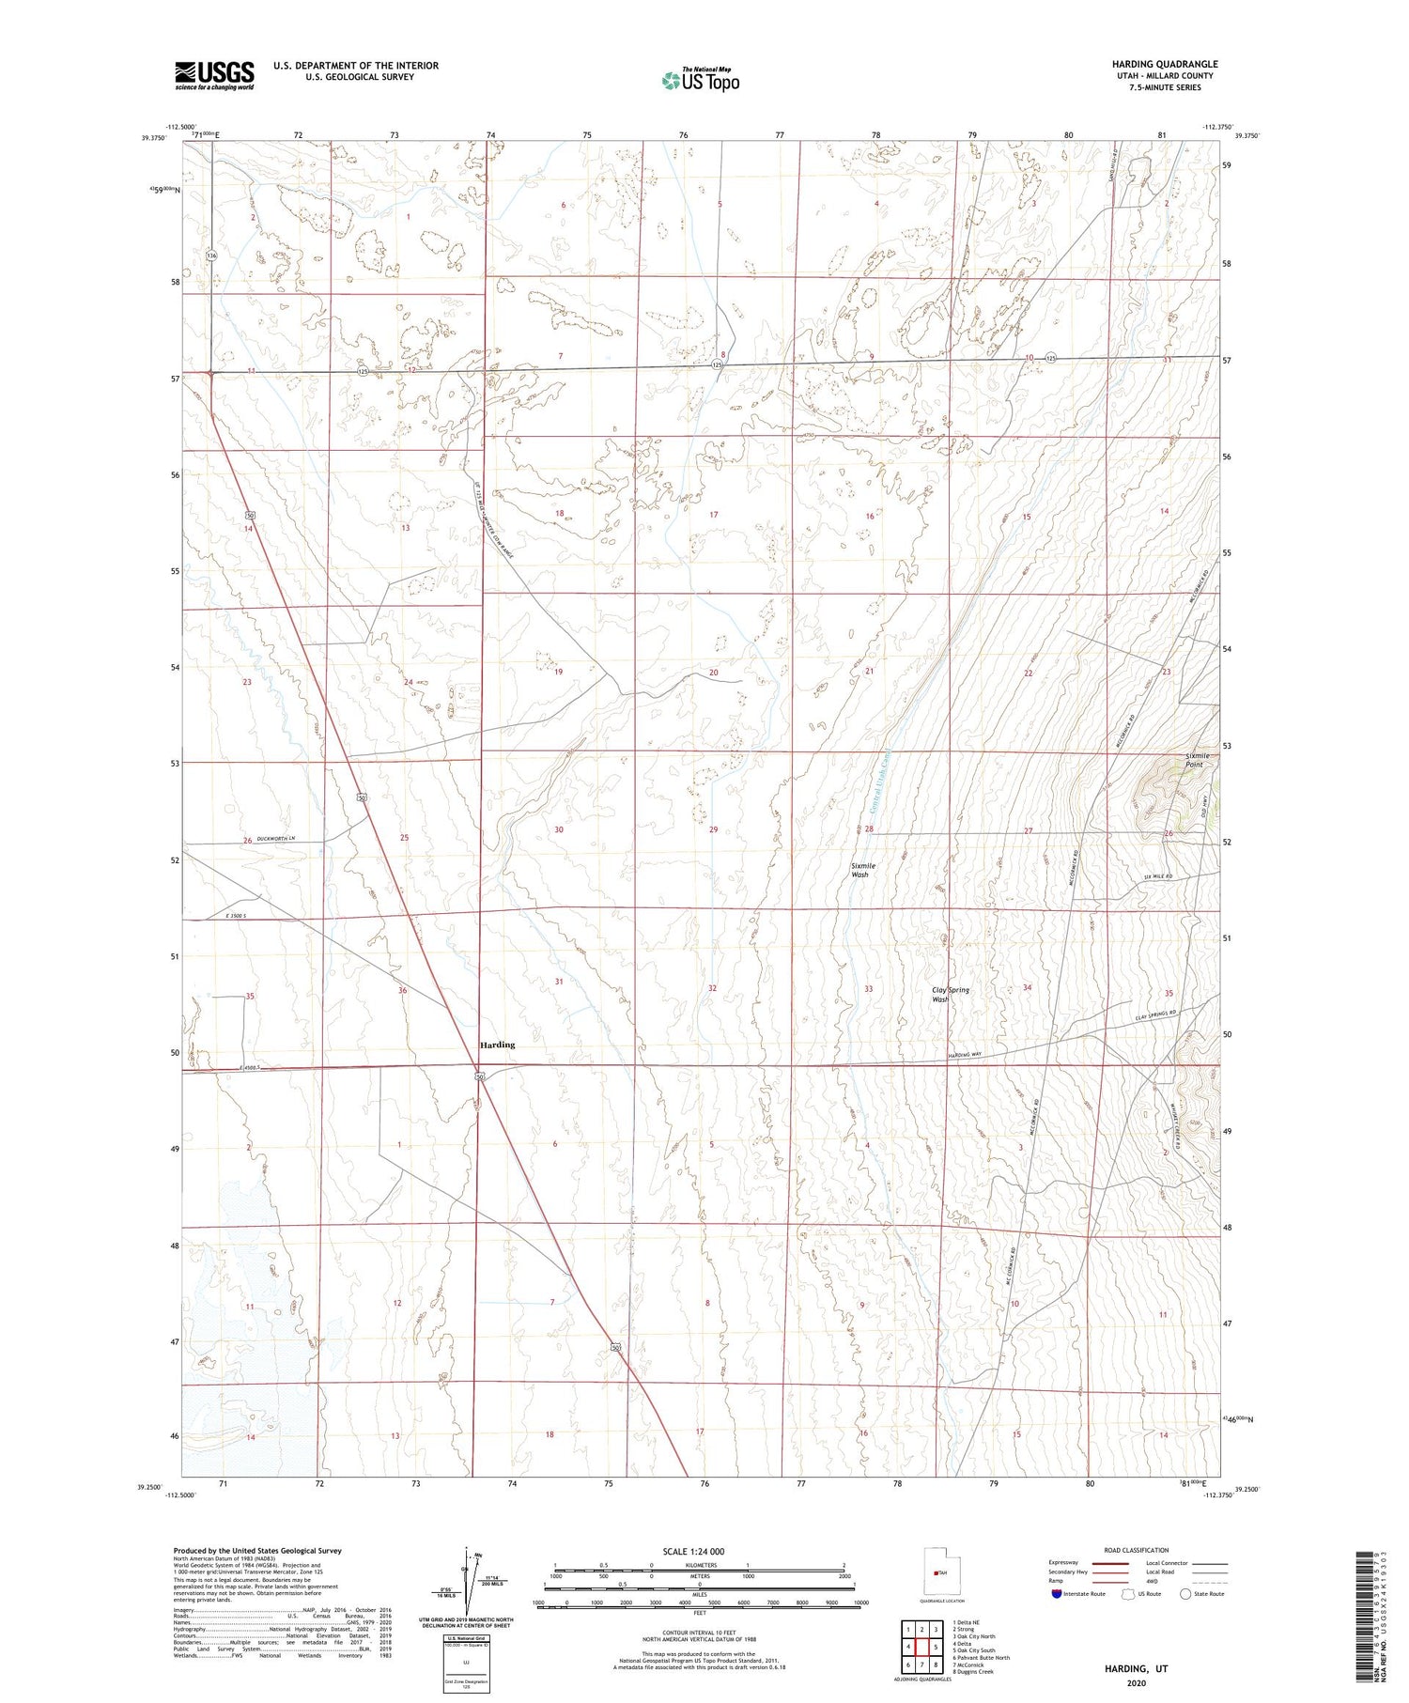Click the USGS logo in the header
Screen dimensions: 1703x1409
(x=214, y=75)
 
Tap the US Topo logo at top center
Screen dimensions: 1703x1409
(x=700, y=80)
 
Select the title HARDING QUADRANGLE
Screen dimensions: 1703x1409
(x=1164, y=64)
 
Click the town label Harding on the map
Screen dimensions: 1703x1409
(x=497, y=1045)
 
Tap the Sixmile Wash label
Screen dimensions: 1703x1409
(x=860, y=870)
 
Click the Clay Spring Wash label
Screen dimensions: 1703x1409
(x=950, y=995)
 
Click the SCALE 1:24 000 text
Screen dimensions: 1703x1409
(x=700, y=1551)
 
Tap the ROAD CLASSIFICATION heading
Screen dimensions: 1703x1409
(x=1137, y=1550)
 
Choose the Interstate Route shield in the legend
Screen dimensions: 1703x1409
(x=1057, y=1594)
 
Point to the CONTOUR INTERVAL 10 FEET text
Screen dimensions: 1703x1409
(x=700, y=1633)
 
